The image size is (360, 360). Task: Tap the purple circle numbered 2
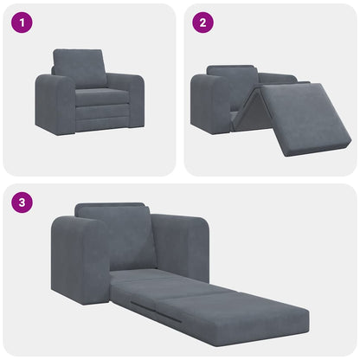pyautogui.click(x=202, y=23)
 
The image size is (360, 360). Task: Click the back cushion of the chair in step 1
pyautogui.click(x=80, y=67)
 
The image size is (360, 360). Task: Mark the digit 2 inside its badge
pyautogui.click(x=202, y=23)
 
